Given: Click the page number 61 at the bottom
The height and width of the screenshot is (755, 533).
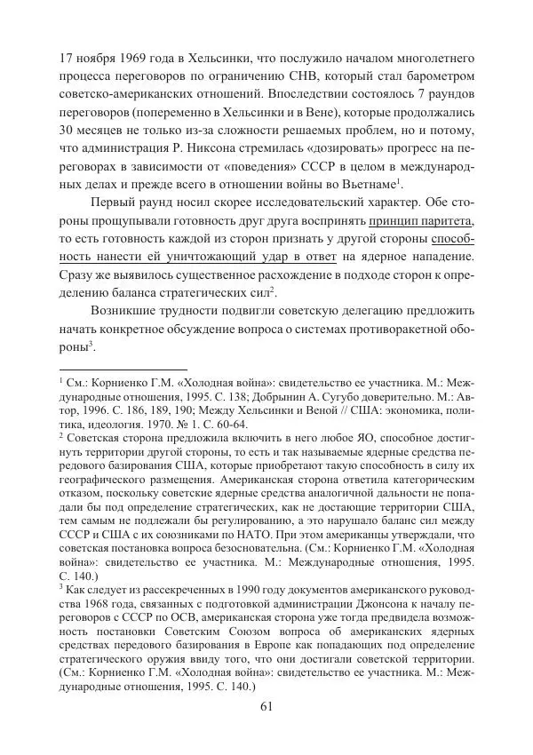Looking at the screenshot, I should pos(266,706).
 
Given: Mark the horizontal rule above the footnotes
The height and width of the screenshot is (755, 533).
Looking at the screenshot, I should pos(110,368).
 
